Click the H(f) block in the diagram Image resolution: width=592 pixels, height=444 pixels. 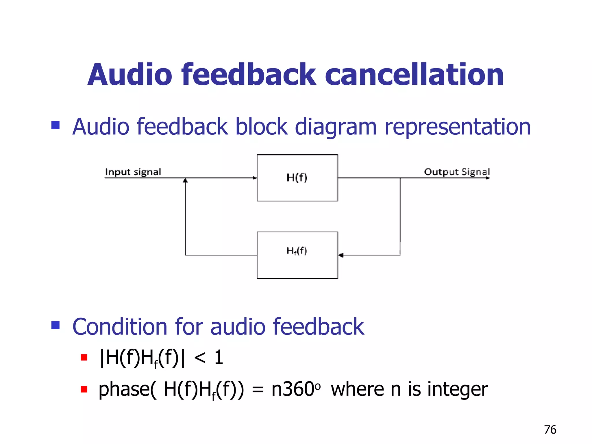pyautogui.click(x=297, y=178)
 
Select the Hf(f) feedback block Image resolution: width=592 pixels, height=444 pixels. pyautogui.click(x=297, y=255)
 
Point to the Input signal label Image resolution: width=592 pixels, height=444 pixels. pyautogui.click(x=133, y=172)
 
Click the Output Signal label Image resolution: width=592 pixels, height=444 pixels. pyautogui.click(x=457, y=172)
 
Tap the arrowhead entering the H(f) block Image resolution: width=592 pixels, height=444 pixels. pyautogui.click(x=255, y=178)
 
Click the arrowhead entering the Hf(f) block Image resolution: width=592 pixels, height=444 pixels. pyautogui.click(x=341, y=255)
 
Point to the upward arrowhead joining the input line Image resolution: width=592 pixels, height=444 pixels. pyautogui.click(x=185, y=180)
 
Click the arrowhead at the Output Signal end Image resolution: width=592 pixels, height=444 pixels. pyautogui.click(x=488, y=178)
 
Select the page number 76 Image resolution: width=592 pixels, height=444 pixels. pyautogui.click(x=550, y=430)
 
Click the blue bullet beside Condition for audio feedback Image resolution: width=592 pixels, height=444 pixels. pyautogui.click(x=55, y=325)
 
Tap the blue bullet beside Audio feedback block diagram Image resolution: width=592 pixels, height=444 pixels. pyautogui.click(x=55, y=125)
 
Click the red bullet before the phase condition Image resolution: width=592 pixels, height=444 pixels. pyautogui.click(x=84, y=389)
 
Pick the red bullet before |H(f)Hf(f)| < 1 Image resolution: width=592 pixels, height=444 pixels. pyautogui.click(x=84, y=358)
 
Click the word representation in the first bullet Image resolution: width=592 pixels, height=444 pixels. pyautogui.click(x=458, y=127)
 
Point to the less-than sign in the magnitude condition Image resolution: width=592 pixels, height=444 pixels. pyautogui.click(x=200, y=358)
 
